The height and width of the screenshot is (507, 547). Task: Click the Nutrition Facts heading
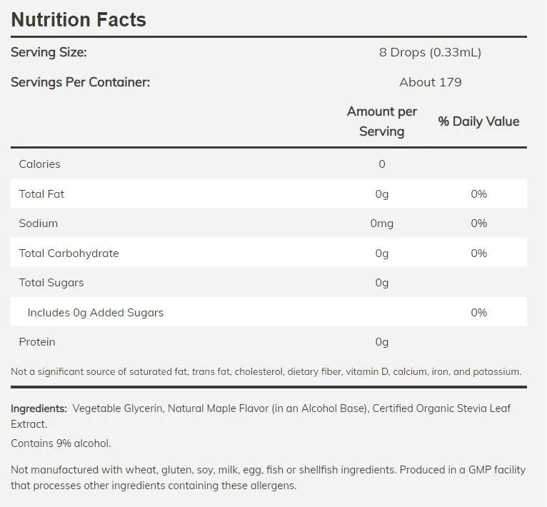(79, 19)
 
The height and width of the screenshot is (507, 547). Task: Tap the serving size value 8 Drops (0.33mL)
(430, 52)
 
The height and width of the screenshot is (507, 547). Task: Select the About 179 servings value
(430, 82)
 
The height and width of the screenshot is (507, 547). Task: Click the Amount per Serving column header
(381, 121)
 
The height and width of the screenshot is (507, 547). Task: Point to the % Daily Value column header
(478, 121)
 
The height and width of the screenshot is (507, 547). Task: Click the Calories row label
(39, 164)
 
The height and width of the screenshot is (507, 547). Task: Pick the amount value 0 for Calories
(382, 164)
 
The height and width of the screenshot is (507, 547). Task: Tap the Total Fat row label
(41, 194)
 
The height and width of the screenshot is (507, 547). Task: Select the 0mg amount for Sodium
(381, 224)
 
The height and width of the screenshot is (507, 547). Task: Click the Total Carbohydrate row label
(69, 254)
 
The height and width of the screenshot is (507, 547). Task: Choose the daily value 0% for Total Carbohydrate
(478, 254)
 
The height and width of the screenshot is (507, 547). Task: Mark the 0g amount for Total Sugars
(381, 283)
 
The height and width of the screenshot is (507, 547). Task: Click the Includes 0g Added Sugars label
(95, 313)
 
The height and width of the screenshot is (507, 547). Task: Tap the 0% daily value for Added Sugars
(478, 313)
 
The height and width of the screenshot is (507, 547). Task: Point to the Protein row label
(37, 342)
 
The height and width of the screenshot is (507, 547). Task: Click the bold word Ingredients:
(39, 408)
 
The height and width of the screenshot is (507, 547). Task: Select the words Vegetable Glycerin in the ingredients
(118, 408)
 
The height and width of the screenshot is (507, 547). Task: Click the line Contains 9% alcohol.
(61, 443)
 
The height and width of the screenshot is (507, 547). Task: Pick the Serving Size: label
(49, 52)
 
